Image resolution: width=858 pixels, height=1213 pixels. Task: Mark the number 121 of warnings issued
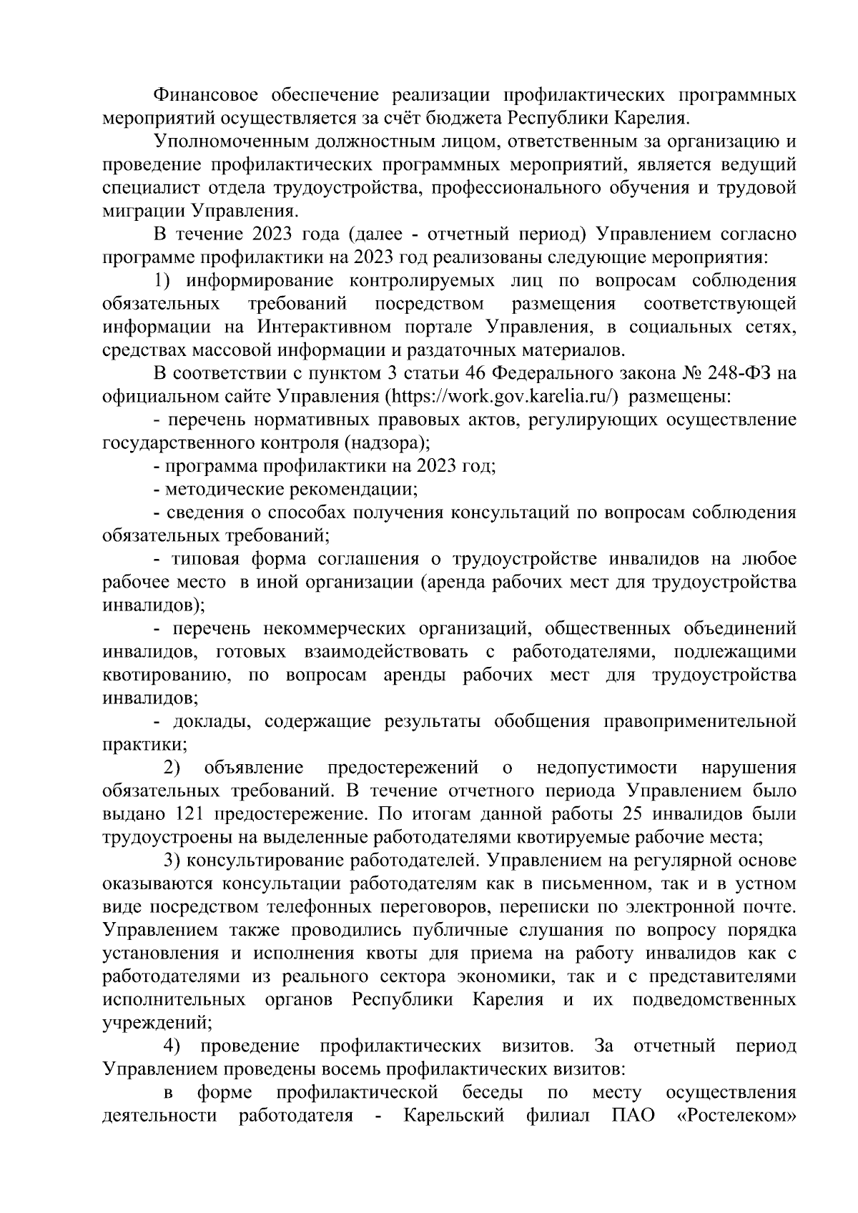coord(188,815)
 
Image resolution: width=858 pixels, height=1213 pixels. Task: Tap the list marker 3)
coord(172,861)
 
